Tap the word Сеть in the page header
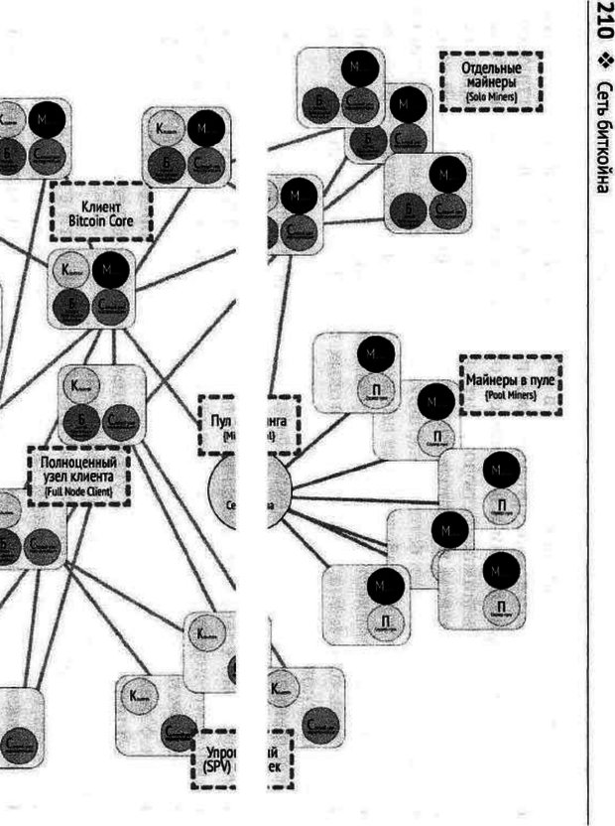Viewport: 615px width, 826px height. [x=601, y=99]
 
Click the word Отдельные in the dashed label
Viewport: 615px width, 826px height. [x=491, y=69]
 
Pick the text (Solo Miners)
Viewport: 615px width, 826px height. [x=491, y=98]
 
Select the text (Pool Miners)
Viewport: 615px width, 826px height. [x=510, y=395]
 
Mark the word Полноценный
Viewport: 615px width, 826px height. [x=77, y=463]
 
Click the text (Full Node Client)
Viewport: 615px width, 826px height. [x=77, y=490]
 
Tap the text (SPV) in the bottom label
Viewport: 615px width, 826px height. [x=215, y=766]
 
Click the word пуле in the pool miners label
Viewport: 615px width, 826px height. [x=544, y=380]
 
